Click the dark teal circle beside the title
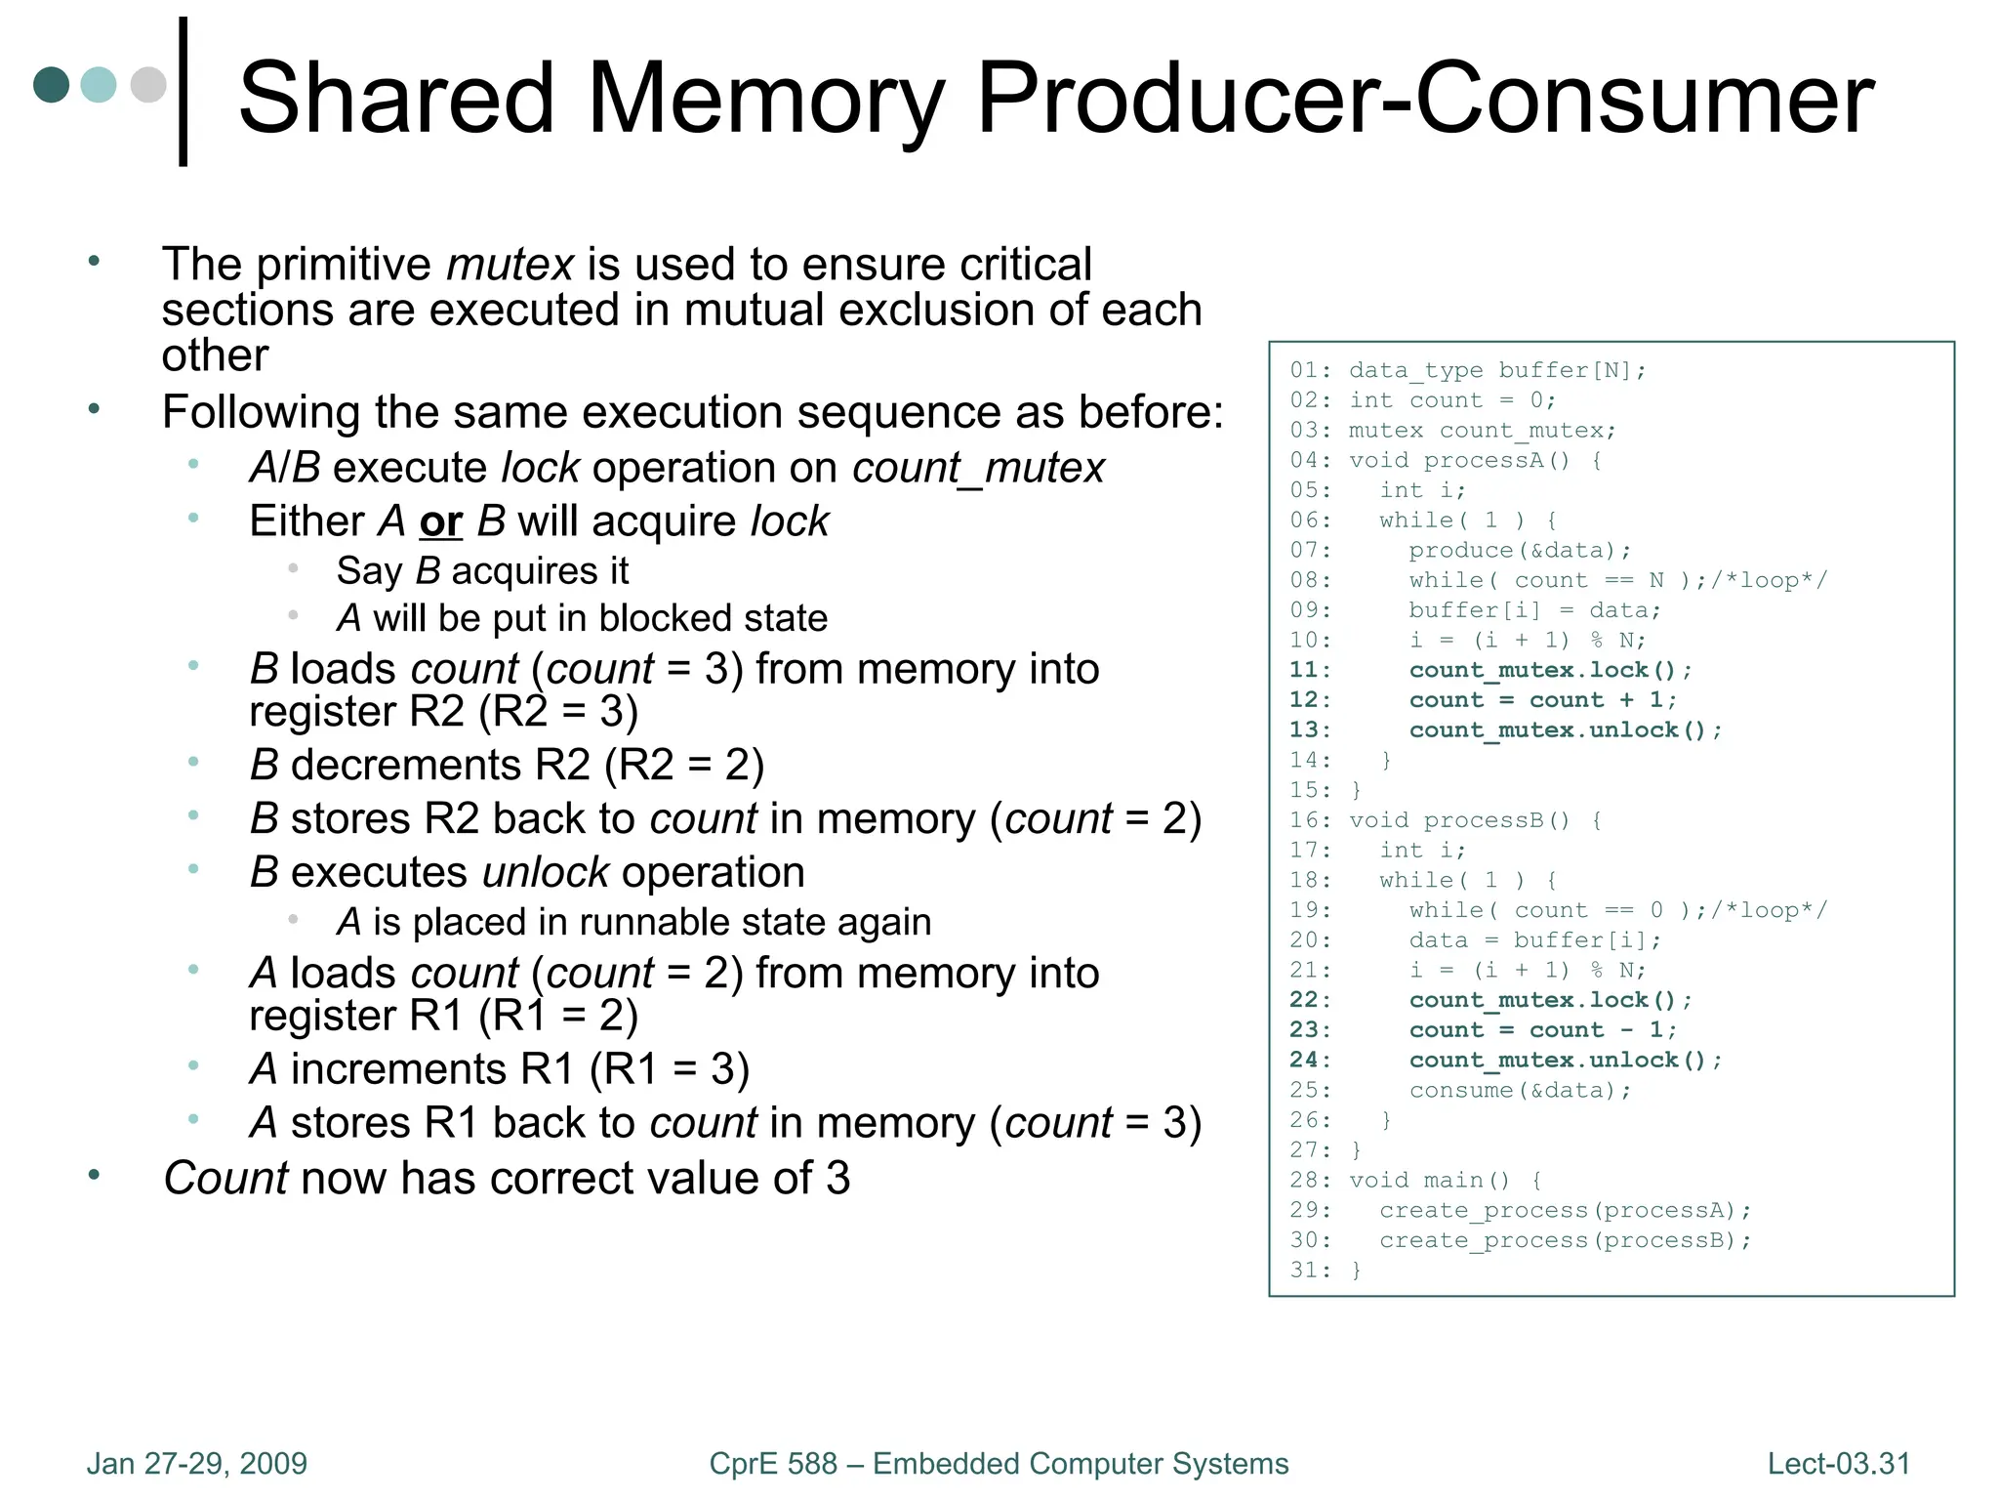pyautogui.click(x=52, y=85)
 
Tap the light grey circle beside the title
pyautogui.click(x=148, y=85)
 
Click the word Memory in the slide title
pyautogui.click(x=766, y=98)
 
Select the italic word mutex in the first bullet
pyautogui.click(x=510, y=265)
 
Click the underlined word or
pyautogui.click(x=441, y=521)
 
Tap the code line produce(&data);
pyautogui.click(x=1520, y=551)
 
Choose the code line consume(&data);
pyautogui.click(x=1520, y=1091)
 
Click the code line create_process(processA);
pyautogui.click(x=1566, y=1211)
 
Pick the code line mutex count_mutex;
pyautogui.click(x=1483, y=431)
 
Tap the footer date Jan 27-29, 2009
pyautogui.click(x=197, y=1464)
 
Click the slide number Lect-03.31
pyautogui.click(x=1839, y=1464)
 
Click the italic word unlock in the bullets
pyautogui.click(x=547, y=872)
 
